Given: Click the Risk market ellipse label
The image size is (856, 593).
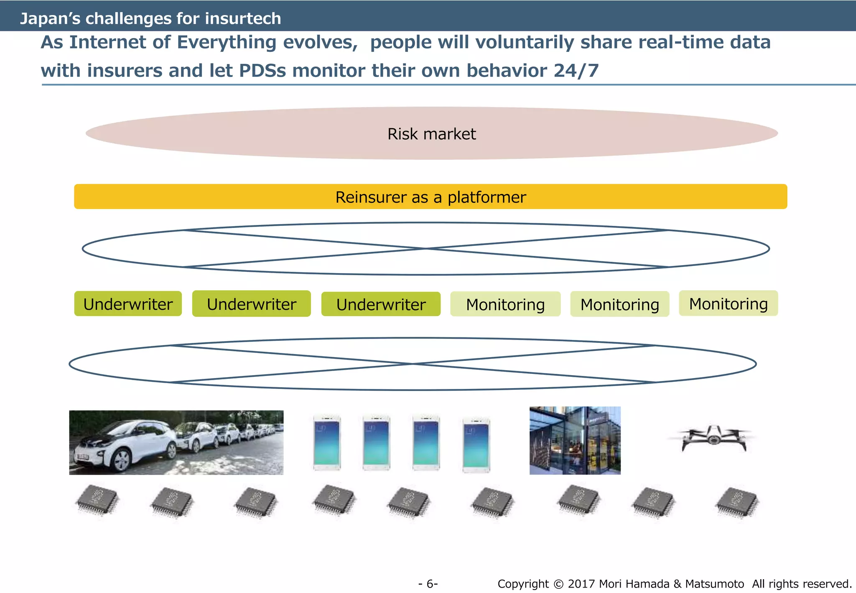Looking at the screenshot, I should [x=431, y=134].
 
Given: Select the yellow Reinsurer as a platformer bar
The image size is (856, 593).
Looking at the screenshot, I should [x=431, y=197].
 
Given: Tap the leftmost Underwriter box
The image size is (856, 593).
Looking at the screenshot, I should [x=128, y=304].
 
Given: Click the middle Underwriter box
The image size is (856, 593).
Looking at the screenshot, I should [x=252, y=304].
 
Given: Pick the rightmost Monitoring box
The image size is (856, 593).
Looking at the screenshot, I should [x=728, y=304].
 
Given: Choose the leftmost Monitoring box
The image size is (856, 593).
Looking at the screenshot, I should [x=505, y=304].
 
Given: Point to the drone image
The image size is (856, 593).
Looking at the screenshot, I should [x=713, y=439].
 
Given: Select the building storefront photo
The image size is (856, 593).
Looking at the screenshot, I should [x=575, y=440].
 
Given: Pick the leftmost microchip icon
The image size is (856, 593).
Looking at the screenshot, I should [x=97, y=501].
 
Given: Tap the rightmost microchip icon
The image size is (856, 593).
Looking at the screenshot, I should [x=738, y=502].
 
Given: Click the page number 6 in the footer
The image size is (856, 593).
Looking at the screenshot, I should [x=428, y=584].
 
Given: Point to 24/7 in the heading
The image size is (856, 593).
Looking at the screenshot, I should [x=576, y=70].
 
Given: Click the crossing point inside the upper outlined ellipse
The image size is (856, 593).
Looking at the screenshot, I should [x=426, y=248].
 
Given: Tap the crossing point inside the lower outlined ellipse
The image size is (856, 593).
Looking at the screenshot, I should [x=413, y=364].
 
